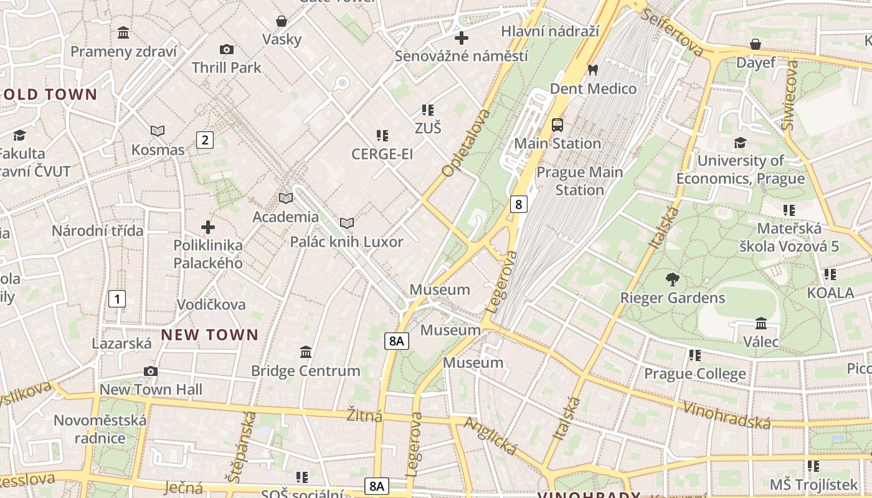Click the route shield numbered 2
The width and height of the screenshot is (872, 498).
click(204, 140)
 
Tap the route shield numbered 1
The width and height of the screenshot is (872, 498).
click(116, 299)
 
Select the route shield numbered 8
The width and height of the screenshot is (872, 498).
click(518, 204)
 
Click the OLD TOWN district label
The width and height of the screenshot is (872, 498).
click(50, 95)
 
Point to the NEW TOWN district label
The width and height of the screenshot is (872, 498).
click(209, 335)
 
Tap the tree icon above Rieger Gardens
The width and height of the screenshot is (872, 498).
click(672, 280)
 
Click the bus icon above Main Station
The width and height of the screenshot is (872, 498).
click(557, 125)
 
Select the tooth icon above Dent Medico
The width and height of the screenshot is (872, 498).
click(593, 70)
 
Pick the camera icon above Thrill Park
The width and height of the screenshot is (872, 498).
click(227, 49)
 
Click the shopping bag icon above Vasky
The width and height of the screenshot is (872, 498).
click(282, 21)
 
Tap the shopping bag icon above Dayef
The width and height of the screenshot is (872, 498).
click(756, 44)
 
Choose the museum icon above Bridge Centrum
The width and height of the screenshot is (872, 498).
click(305, 352)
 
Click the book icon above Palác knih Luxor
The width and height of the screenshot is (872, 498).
click(346, 223)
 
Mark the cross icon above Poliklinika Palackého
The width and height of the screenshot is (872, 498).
click(208, 227)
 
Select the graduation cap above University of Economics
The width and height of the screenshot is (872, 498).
click(740, 143)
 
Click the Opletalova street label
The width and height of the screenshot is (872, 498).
click(466, 143)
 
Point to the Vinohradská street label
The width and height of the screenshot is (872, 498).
click(727, 415)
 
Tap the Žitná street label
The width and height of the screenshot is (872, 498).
click(364, 415)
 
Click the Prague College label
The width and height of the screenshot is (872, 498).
click(694, 374)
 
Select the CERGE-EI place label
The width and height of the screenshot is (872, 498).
click(382, 154)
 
